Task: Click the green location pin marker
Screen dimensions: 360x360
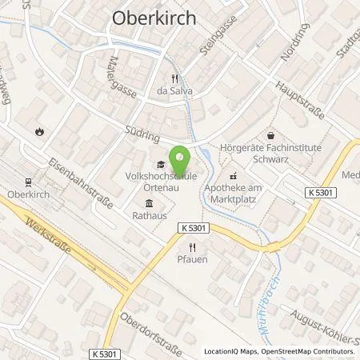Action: [x=179, y=157]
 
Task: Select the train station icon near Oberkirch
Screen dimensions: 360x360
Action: [x=30, y=181]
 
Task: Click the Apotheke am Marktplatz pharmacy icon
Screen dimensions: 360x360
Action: [x=233, y=175]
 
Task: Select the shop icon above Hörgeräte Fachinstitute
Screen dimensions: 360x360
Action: [x=270, y=136]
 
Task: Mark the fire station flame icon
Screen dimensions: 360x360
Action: [x=38, y=130]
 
